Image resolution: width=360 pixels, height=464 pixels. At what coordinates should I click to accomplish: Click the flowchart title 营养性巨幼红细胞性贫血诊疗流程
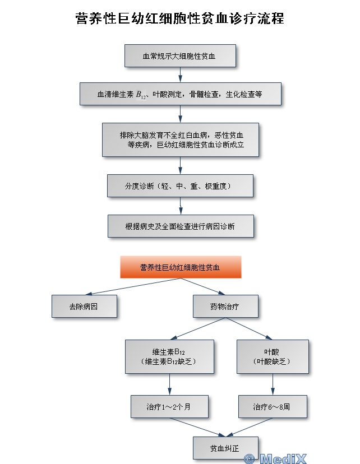[x=179, y=18]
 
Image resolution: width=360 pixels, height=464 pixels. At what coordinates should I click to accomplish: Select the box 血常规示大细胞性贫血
[x=179, y=56]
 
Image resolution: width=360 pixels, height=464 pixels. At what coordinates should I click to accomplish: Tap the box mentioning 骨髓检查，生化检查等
[x=179, y=94]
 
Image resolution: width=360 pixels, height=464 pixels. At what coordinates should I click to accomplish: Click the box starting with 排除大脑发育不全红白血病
[x=179, y=140]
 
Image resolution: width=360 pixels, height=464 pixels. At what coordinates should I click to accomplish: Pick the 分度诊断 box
[x=179, y=185]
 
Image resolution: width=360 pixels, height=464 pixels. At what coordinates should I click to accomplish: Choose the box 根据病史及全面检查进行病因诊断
[x=179, y=226]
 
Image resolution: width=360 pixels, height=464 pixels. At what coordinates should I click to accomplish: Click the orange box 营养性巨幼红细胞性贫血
[x=180, y=267]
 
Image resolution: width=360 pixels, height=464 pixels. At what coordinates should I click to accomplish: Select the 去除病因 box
[x=84, y=307]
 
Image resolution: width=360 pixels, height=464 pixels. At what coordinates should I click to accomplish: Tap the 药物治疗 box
[x=225, y=307]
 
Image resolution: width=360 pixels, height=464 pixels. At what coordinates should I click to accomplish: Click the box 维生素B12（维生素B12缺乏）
[x=169, y=356]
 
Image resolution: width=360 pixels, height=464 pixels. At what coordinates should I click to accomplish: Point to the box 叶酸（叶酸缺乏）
[x=273, y=356]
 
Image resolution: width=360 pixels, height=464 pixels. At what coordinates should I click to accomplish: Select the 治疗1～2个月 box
[x=169, y=406]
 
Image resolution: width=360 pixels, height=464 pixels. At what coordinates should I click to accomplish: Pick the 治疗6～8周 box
[x=272, y=406]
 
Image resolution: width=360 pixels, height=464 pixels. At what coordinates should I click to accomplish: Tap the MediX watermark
[x=276, y=458]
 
